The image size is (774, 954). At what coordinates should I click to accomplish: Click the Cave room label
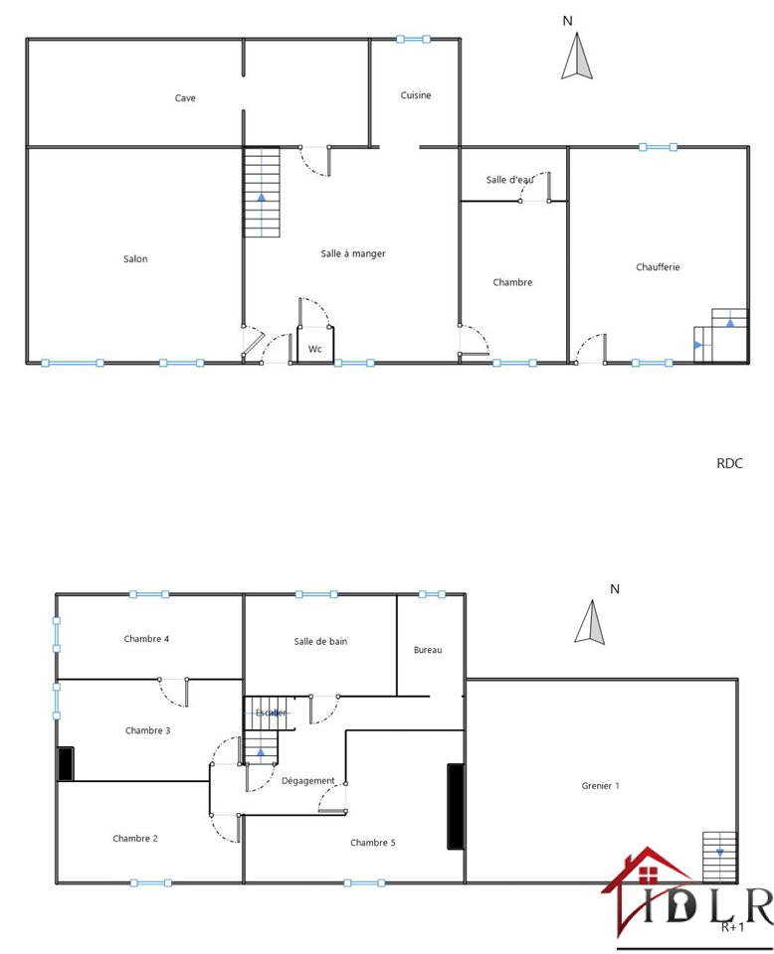tap(185, 98)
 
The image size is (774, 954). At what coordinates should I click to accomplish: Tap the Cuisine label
tap(416, 95)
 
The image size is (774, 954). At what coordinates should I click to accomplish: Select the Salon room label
tap(135, 258)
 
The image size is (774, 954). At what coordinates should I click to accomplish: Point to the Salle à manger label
tap(353, 253)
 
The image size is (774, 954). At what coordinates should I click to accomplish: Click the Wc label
tap(314, 349)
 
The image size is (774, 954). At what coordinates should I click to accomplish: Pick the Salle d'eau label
tap(509, 180)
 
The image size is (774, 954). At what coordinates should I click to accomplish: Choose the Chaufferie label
tap(658, 266)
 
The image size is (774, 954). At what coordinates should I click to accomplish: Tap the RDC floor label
tap(729, 463)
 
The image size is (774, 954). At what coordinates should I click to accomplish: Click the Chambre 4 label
tap(146, 638)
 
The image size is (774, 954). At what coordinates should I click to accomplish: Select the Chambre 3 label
tap(148, 730)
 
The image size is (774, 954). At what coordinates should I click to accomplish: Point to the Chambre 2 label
tap(135, 838)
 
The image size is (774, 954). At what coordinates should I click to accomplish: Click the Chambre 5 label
tap(373, 842)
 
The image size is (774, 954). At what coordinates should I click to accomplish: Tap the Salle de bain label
tap(320, 641)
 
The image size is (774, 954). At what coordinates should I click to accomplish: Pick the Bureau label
tap(428, 650)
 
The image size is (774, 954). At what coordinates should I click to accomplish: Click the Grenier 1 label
tap(601, 785)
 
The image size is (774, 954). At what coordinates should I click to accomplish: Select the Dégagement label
tap(308, 781)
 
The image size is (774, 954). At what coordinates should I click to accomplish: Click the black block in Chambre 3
tap(66, 763)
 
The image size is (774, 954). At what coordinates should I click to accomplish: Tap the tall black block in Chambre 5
tap(456, 806)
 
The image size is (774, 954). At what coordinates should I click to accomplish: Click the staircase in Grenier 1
tap(720, 857)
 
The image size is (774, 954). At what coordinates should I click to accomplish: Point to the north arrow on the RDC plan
tap(577, 56)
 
